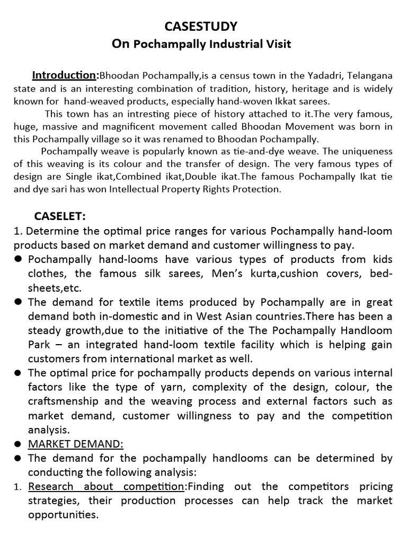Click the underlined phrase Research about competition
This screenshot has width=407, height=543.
coord(106,487)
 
